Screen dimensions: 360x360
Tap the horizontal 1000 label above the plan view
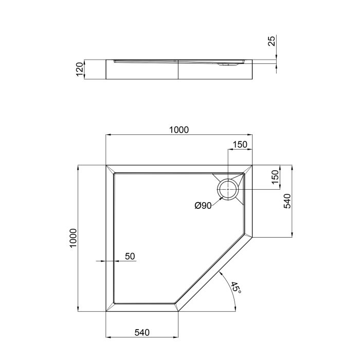pos(178,130)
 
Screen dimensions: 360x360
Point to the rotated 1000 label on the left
pos(74,238)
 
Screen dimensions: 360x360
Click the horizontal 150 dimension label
pos(239,145)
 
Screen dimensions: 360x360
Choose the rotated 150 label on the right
pos(275,177)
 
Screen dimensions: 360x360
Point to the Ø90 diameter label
pos(203,206)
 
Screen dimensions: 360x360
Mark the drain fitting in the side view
pos(226,65)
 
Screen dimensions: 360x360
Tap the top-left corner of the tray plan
pos(106,166)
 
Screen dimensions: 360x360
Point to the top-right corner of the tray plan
pos(252,166)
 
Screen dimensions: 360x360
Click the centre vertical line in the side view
pos(178,69)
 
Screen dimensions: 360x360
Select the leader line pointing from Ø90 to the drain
pos(217,201)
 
